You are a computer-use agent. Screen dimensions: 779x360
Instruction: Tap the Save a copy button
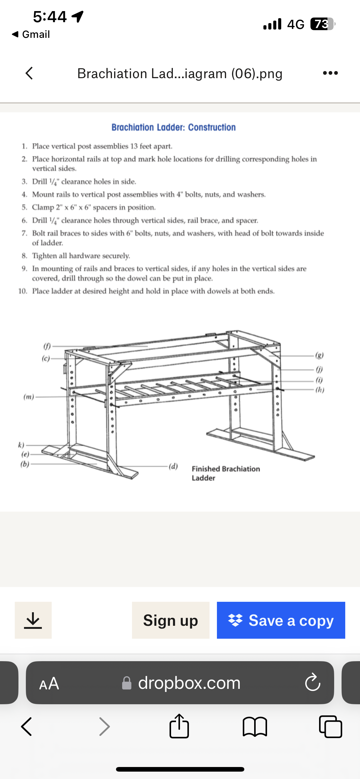pos(281,620)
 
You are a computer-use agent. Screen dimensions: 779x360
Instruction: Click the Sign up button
pos(170,620)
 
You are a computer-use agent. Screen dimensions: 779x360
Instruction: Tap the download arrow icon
pos(33,620)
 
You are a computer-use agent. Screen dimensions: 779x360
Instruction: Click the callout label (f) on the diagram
pos(47,346)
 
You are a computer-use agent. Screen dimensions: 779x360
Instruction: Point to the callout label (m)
pos(29,397)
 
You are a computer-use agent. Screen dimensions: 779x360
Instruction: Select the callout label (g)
pos(320,356)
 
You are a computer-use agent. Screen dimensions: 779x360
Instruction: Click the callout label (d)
pos(173,466)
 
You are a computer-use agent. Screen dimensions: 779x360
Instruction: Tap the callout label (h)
pos(320,390)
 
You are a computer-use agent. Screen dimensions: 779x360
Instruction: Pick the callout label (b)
pos(25,464)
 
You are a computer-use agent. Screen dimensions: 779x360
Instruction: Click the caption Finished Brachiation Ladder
pos(226,473)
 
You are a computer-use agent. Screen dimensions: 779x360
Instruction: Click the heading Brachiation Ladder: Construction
pos(174,127)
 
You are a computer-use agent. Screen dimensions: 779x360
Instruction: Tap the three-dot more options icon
pos(330,73)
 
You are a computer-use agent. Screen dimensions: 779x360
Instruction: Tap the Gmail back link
pos(31,34)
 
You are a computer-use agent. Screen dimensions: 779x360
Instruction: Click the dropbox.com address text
pos(189,683)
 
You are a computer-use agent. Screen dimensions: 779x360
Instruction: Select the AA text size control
pos(49,683)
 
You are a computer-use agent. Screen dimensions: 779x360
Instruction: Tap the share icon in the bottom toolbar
pos(179,726)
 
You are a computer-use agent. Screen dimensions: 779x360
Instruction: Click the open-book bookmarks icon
pos(255,727)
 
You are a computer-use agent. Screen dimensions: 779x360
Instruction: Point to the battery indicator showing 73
pos(322,24)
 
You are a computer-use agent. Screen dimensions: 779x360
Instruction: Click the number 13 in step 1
pos(134,146)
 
